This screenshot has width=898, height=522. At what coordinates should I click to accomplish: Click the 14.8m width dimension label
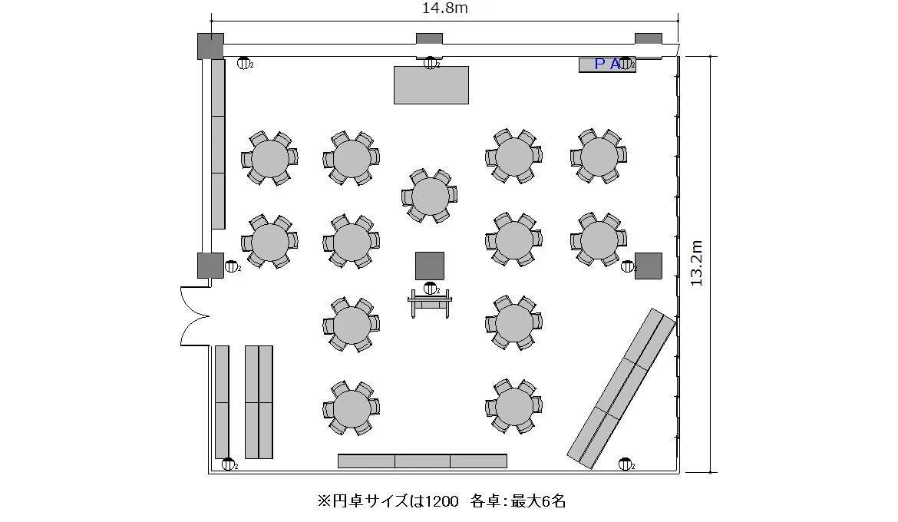[444, 8]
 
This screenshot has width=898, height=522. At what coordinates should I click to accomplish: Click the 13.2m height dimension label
[696, 263]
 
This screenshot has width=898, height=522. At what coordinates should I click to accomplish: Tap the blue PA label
[607, 64]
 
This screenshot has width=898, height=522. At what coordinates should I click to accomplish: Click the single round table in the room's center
[430, 196]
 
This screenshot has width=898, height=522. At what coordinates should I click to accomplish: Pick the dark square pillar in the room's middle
[430, 266]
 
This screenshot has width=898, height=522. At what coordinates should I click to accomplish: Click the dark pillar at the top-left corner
[210, 46]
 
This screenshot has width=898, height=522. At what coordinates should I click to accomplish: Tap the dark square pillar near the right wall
[649, 266]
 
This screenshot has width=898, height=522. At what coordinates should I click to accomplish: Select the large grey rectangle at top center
[431, 84]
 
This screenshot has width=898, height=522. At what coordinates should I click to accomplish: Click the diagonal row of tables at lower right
[622, 388]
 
